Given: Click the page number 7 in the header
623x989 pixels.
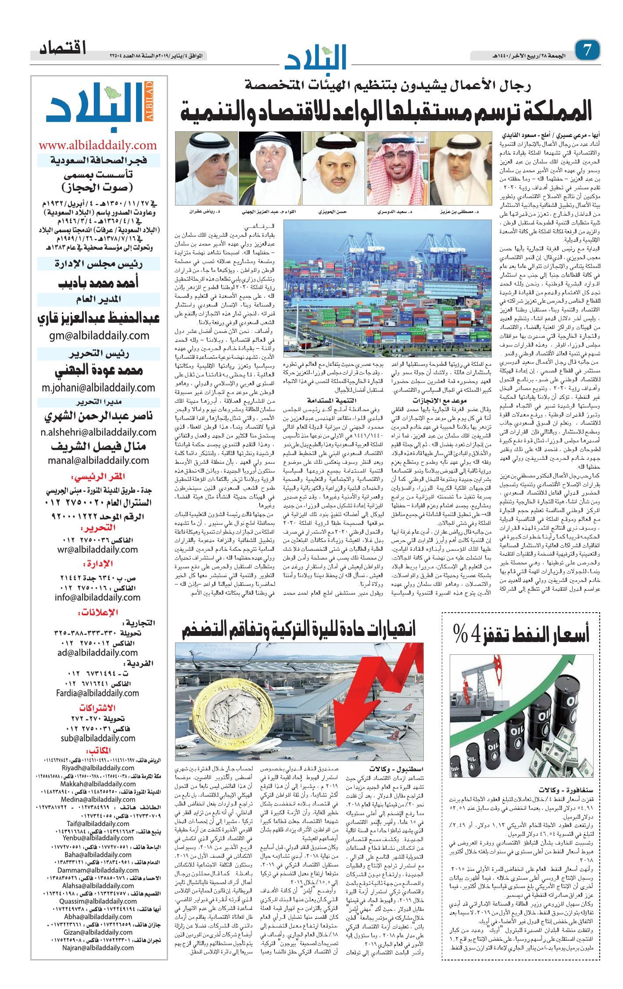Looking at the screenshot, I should pos(587,51).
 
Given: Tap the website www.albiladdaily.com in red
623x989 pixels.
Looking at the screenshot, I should pos(98,145).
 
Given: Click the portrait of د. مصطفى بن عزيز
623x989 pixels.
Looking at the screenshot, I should pos(459,169).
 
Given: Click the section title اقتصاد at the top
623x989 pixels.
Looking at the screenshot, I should pos(63,48).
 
